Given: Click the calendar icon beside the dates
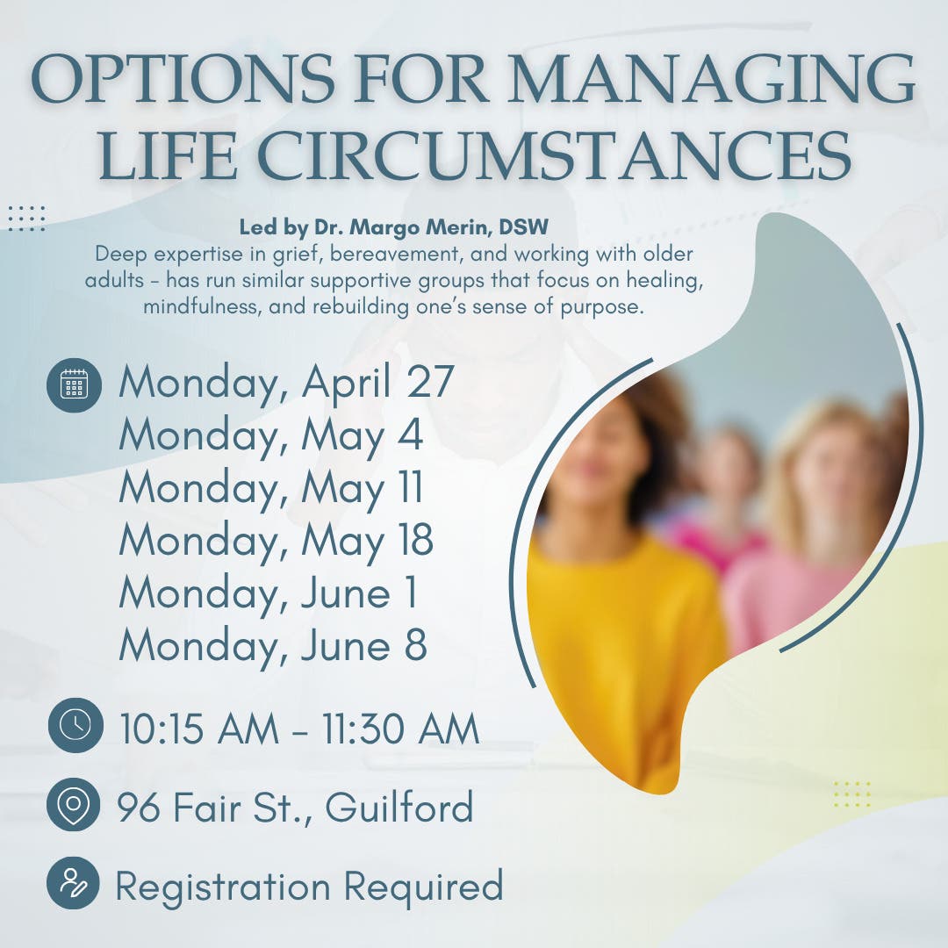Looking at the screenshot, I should [75, 384].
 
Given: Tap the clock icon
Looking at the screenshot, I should [75, 724].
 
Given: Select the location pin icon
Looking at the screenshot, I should [75, 804].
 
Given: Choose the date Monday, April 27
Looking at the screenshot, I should [286, 383].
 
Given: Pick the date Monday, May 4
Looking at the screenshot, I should [271, 436].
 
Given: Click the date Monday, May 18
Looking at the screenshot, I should [276, 542].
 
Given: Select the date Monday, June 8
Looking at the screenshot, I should [273, 647].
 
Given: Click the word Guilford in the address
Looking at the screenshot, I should [399, 808].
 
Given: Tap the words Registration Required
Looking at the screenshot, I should [309, 886].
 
